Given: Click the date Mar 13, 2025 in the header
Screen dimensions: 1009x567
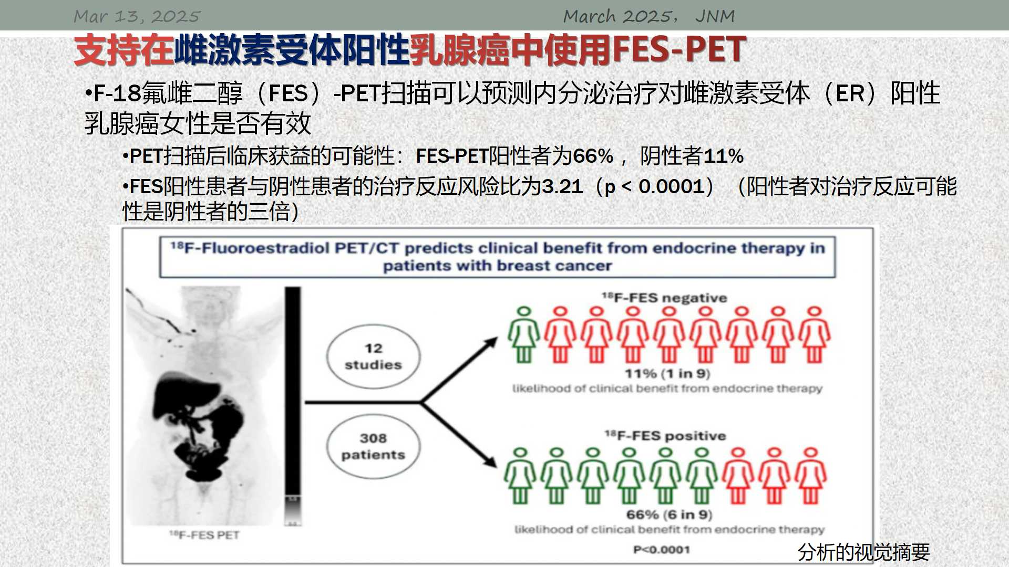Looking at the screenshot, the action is (x=137, y=16).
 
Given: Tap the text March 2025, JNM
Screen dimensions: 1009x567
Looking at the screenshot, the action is (x=649, y=16).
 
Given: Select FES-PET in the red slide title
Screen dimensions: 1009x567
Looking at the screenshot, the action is (x=679, y=49).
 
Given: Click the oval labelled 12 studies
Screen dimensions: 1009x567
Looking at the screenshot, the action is (x=373, y=356).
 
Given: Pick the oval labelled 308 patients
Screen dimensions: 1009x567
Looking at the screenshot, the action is (x=373, y=446).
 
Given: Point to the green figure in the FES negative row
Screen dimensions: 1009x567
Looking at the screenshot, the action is (x=523, y=335).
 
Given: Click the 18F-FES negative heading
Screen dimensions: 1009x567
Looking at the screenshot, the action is (x=664, y=298).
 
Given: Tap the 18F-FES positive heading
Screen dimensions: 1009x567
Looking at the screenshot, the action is (x=665, y=435).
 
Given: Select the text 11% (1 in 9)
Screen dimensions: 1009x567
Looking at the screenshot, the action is (x=667, y=373).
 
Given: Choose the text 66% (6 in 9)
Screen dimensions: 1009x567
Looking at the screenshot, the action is (x=669, y=514).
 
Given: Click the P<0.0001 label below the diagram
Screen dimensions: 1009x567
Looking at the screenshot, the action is (x=662, y=550).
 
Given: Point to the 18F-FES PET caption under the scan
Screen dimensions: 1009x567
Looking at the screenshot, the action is (x=204, y=535).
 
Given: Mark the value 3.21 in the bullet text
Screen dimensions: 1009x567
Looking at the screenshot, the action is (x=562, y=186).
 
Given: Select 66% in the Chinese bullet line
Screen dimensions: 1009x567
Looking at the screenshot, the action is (x=593, y=156).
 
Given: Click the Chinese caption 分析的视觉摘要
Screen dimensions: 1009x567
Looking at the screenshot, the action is (x=864, y=552).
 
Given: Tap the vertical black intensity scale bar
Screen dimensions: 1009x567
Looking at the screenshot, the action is (x=293, y=405).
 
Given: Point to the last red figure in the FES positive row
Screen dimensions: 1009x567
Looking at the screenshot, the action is (x=811, y=476).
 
